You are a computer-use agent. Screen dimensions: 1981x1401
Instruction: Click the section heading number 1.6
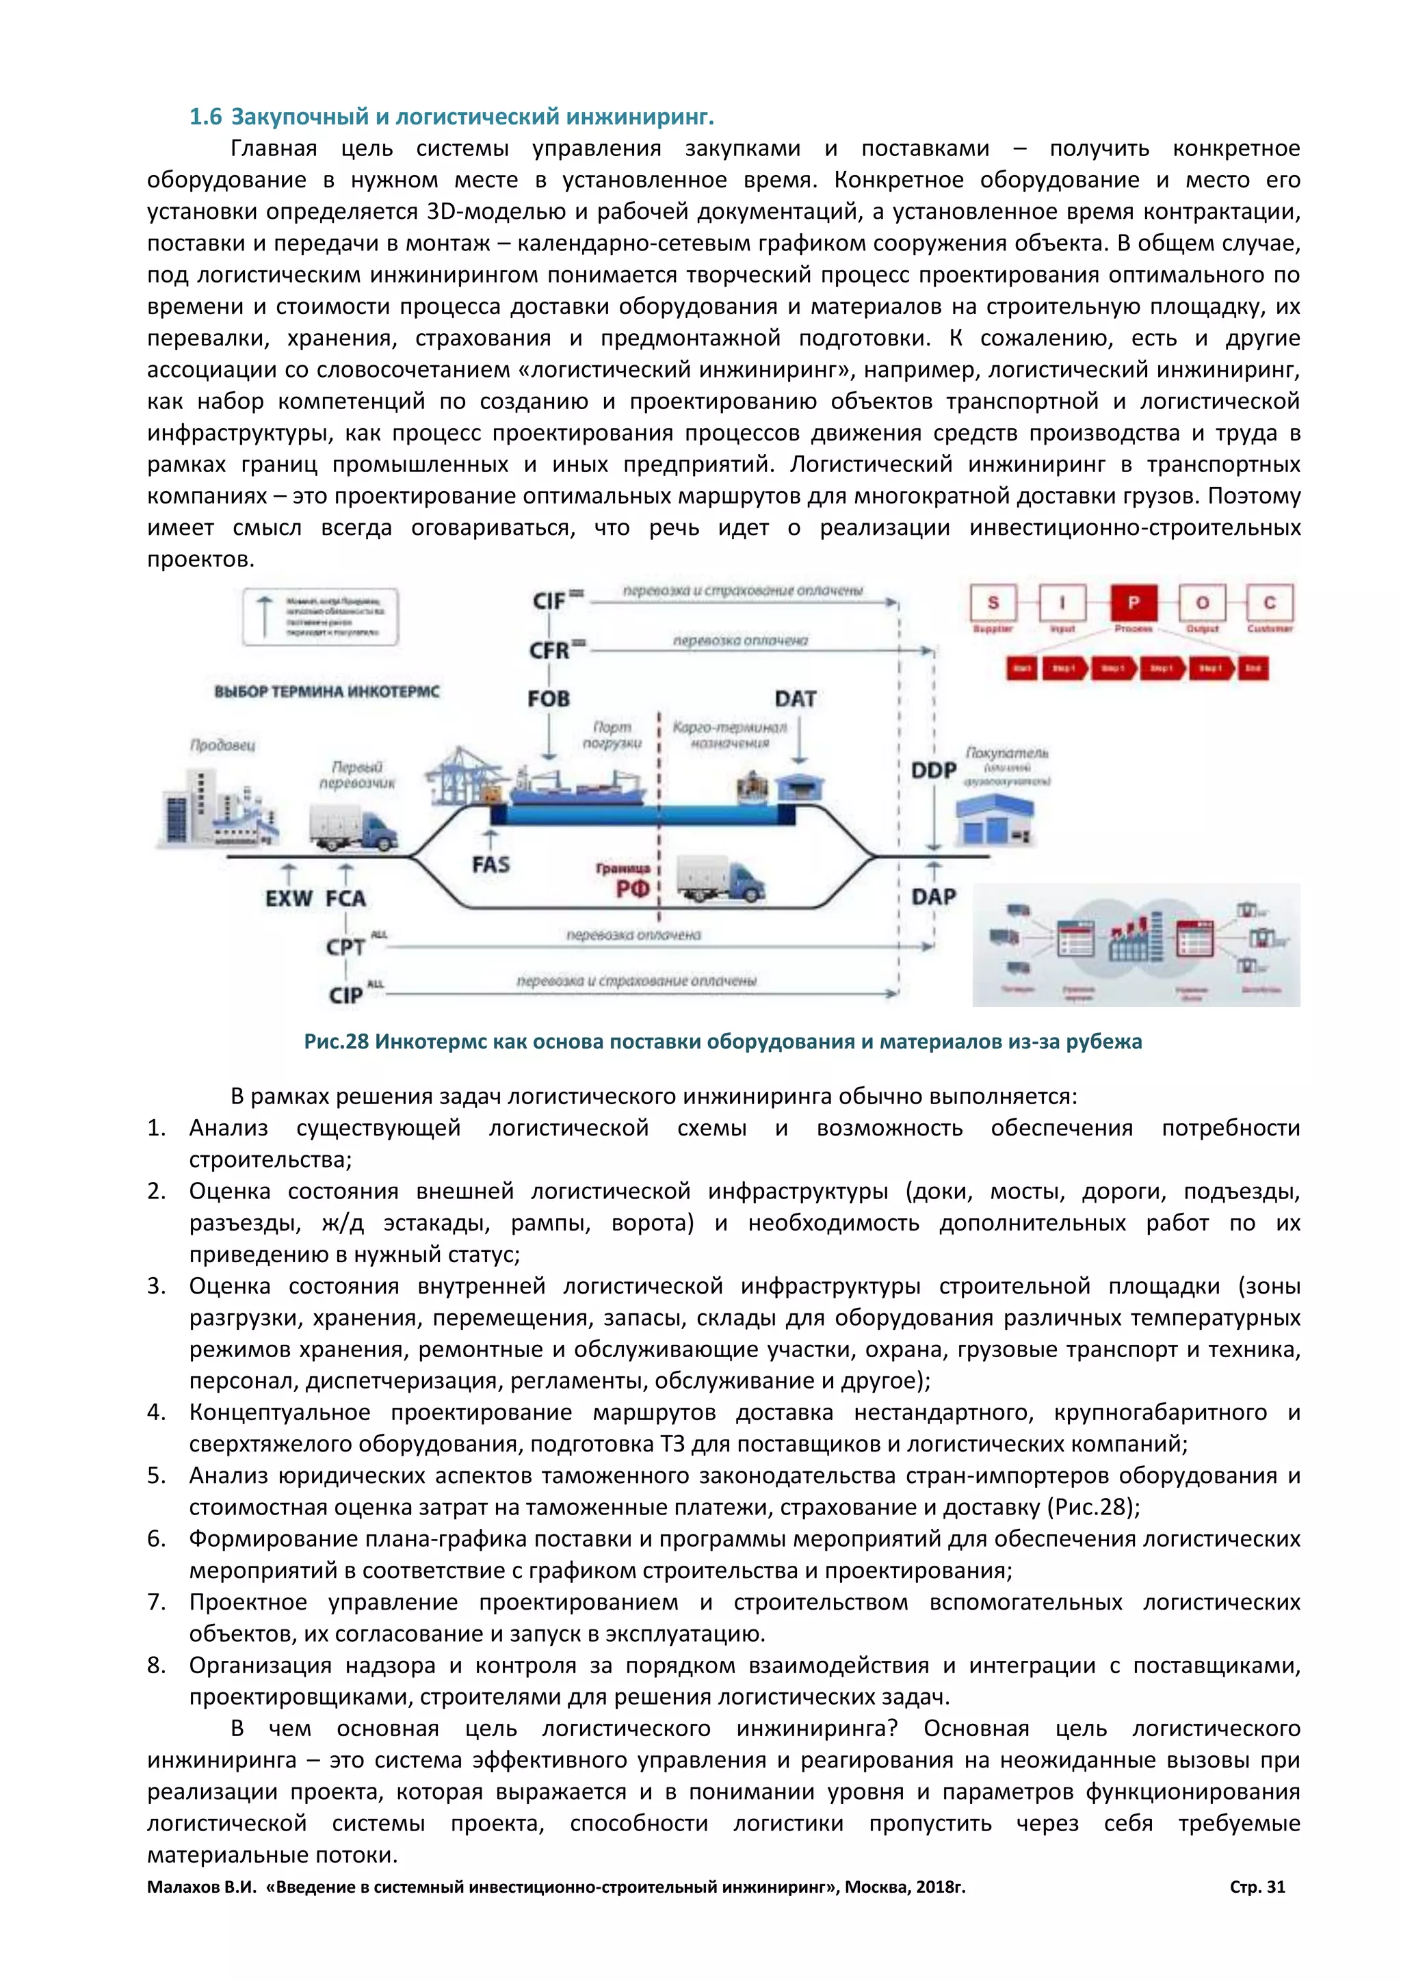click(x=205, y=116)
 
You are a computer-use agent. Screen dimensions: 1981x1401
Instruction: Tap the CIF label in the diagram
click(x=549, y=601)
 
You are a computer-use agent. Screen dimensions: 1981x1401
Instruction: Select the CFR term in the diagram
click(x=549, y=650)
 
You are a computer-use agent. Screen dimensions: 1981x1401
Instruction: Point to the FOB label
click(x=549, y=699)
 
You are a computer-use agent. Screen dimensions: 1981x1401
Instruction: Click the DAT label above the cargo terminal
click(x=794, y=699)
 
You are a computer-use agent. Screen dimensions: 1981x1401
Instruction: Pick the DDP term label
click(x=933, y=770)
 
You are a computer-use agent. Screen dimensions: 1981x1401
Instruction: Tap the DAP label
click(x=933, y=897)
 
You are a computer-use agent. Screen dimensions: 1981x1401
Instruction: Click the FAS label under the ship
click(x=491, y=865)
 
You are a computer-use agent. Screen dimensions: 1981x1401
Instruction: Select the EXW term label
click(x=288, y=899)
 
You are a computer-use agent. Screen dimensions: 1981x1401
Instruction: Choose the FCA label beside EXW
click(x=346, y=899)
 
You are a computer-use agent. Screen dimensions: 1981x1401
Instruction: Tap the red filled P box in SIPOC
click(x=1134, y=602)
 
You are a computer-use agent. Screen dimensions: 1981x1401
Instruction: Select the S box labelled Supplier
click(x=993, y=602)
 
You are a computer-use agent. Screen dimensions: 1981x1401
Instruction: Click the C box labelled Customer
click(x=1269, y=602)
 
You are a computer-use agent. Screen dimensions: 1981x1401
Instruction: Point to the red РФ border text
click(x=632, y=889)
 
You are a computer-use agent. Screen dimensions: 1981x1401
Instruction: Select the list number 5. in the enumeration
click(x=156, y=1475)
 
